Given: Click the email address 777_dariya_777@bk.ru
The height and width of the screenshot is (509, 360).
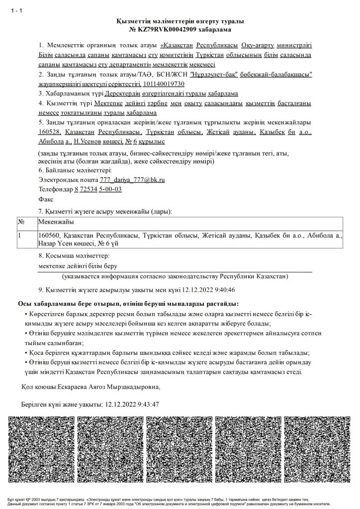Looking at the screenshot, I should pos(132,179).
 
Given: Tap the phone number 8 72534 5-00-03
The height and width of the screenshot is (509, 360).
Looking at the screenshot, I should pos(98,189).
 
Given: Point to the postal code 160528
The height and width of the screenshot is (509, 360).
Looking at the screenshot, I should pos(49,132).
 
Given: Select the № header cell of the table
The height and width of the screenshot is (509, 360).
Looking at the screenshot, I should pos(21,221).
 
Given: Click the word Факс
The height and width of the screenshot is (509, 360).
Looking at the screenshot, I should pos(46,198).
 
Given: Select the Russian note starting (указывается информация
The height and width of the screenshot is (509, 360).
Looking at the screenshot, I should pos(175,276).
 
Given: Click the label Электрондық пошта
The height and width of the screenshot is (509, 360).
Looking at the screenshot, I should pos(68,179).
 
